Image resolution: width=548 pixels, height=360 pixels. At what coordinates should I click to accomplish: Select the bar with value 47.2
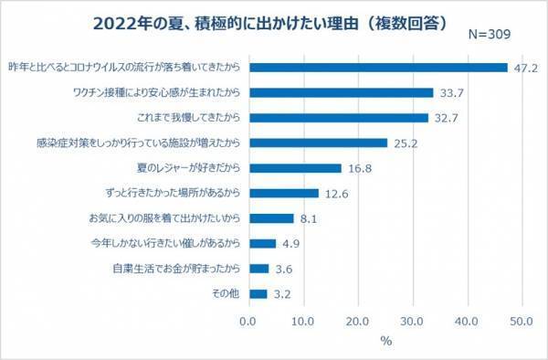tap(377, 68)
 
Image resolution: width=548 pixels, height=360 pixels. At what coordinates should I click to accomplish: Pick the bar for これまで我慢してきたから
tap(337, 118)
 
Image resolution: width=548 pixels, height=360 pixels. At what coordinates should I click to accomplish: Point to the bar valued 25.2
tap(317, 143)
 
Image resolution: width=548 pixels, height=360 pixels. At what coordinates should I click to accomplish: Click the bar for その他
tap(257, 294)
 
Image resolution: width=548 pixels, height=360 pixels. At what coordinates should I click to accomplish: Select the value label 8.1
tap(308, 218)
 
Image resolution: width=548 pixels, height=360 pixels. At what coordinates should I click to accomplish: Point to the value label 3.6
tap(283, 269)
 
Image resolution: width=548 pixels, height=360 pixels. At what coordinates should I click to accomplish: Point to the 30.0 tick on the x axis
tap(413, 321)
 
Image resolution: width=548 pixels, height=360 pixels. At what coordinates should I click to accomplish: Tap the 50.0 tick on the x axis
tap(522, 321)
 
